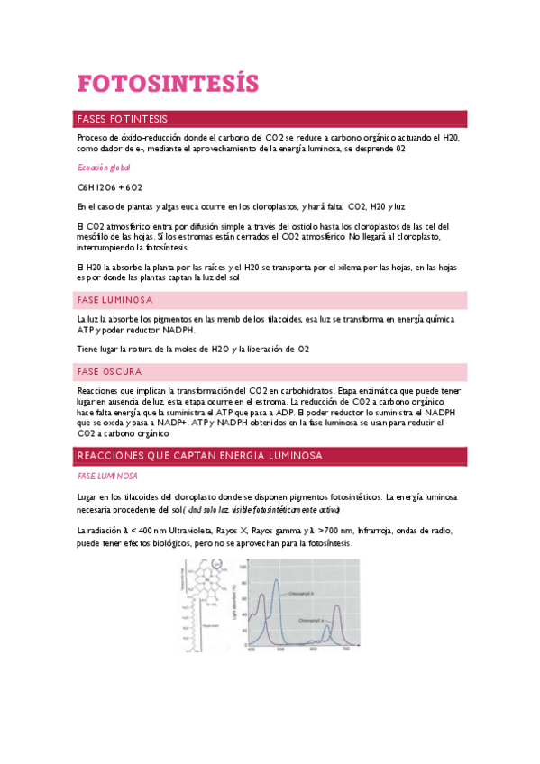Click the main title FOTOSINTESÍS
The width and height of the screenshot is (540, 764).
(169, 84)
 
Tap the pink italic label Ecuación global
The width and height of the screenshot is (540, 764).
(104, 168)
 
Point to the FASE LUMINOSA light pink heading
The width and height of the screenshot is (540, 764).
(114, 300)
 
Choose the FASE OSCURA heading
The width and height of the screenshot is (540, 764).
(109, 371)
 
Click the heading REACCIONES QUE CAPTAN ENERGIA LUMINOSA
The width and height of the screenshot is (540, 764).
(199, 456)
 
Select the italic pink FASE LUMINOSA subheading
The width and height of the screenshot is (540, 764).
(107, 476)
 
